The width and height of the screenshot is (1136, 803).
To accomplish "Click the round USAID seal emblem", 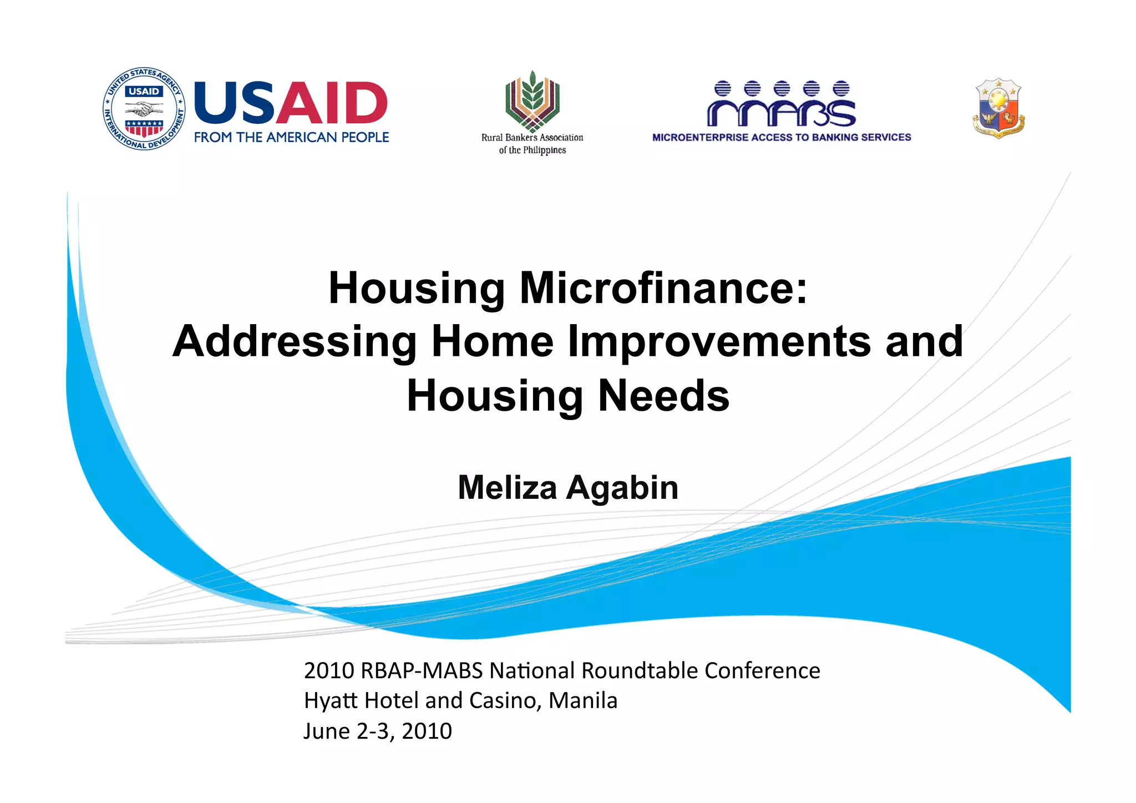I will point(144,109).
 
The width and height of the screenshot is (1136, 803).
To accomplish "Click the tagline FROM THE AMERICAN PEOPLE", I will point(291,137).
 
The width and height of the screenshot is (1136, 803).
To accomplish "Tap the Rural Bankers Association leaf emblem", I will point(532,100).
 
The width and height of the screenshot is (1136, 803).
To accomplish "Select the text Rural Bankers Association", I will point(532,138).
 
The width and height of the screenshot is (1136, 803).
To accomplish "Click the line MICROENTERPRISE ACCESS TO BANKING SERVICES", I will point(782,137).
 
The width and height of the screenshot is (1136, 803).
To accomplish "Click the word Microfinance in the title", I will point(663,289).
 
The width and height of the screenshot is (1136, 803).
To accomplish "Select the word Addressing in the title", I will point(295,341).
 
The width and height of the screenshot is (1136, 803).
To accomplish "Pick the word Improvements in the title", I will point(719,341).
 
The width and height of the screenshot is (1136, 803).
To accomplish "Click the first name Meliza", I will point(507,488).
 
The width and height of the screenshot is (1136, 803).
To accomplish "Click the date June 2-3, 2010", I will point(378,731).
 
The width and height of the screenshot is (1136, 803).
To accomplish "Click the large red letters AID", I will point(331,103).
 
